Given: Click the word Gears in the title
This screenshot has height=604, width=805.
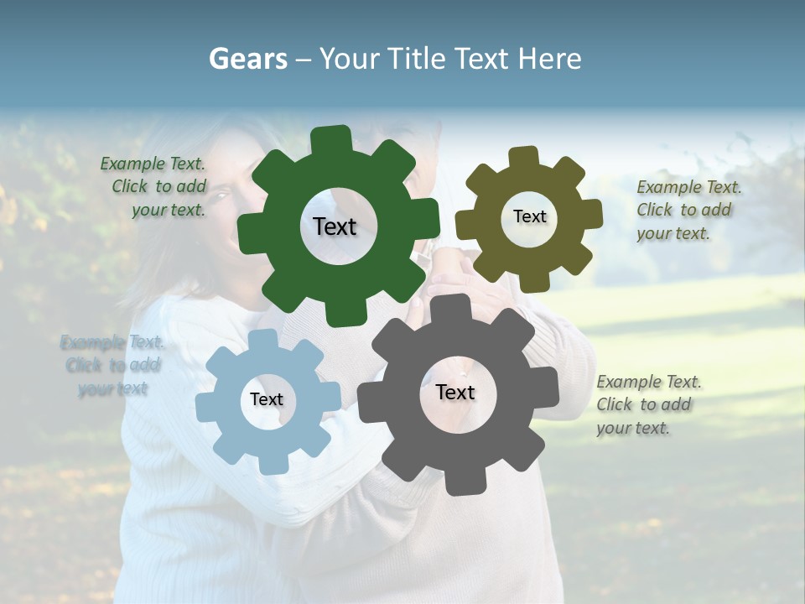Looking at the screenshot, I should point(247,59).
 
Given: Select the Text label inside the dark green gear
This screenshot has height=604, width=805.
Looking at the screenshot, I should point(335,226).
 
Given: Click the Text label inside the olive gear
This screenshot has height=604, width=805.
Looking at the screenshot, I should point(529,216).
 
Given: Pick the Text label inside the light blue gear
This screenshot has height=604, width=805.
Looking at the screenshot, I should point(267,400).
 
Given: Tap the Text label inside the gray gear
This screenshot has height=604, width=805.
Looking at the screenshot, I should point(455,393).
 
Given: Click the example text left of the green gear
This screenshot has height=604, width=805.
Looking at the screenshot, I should point(155,187).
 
